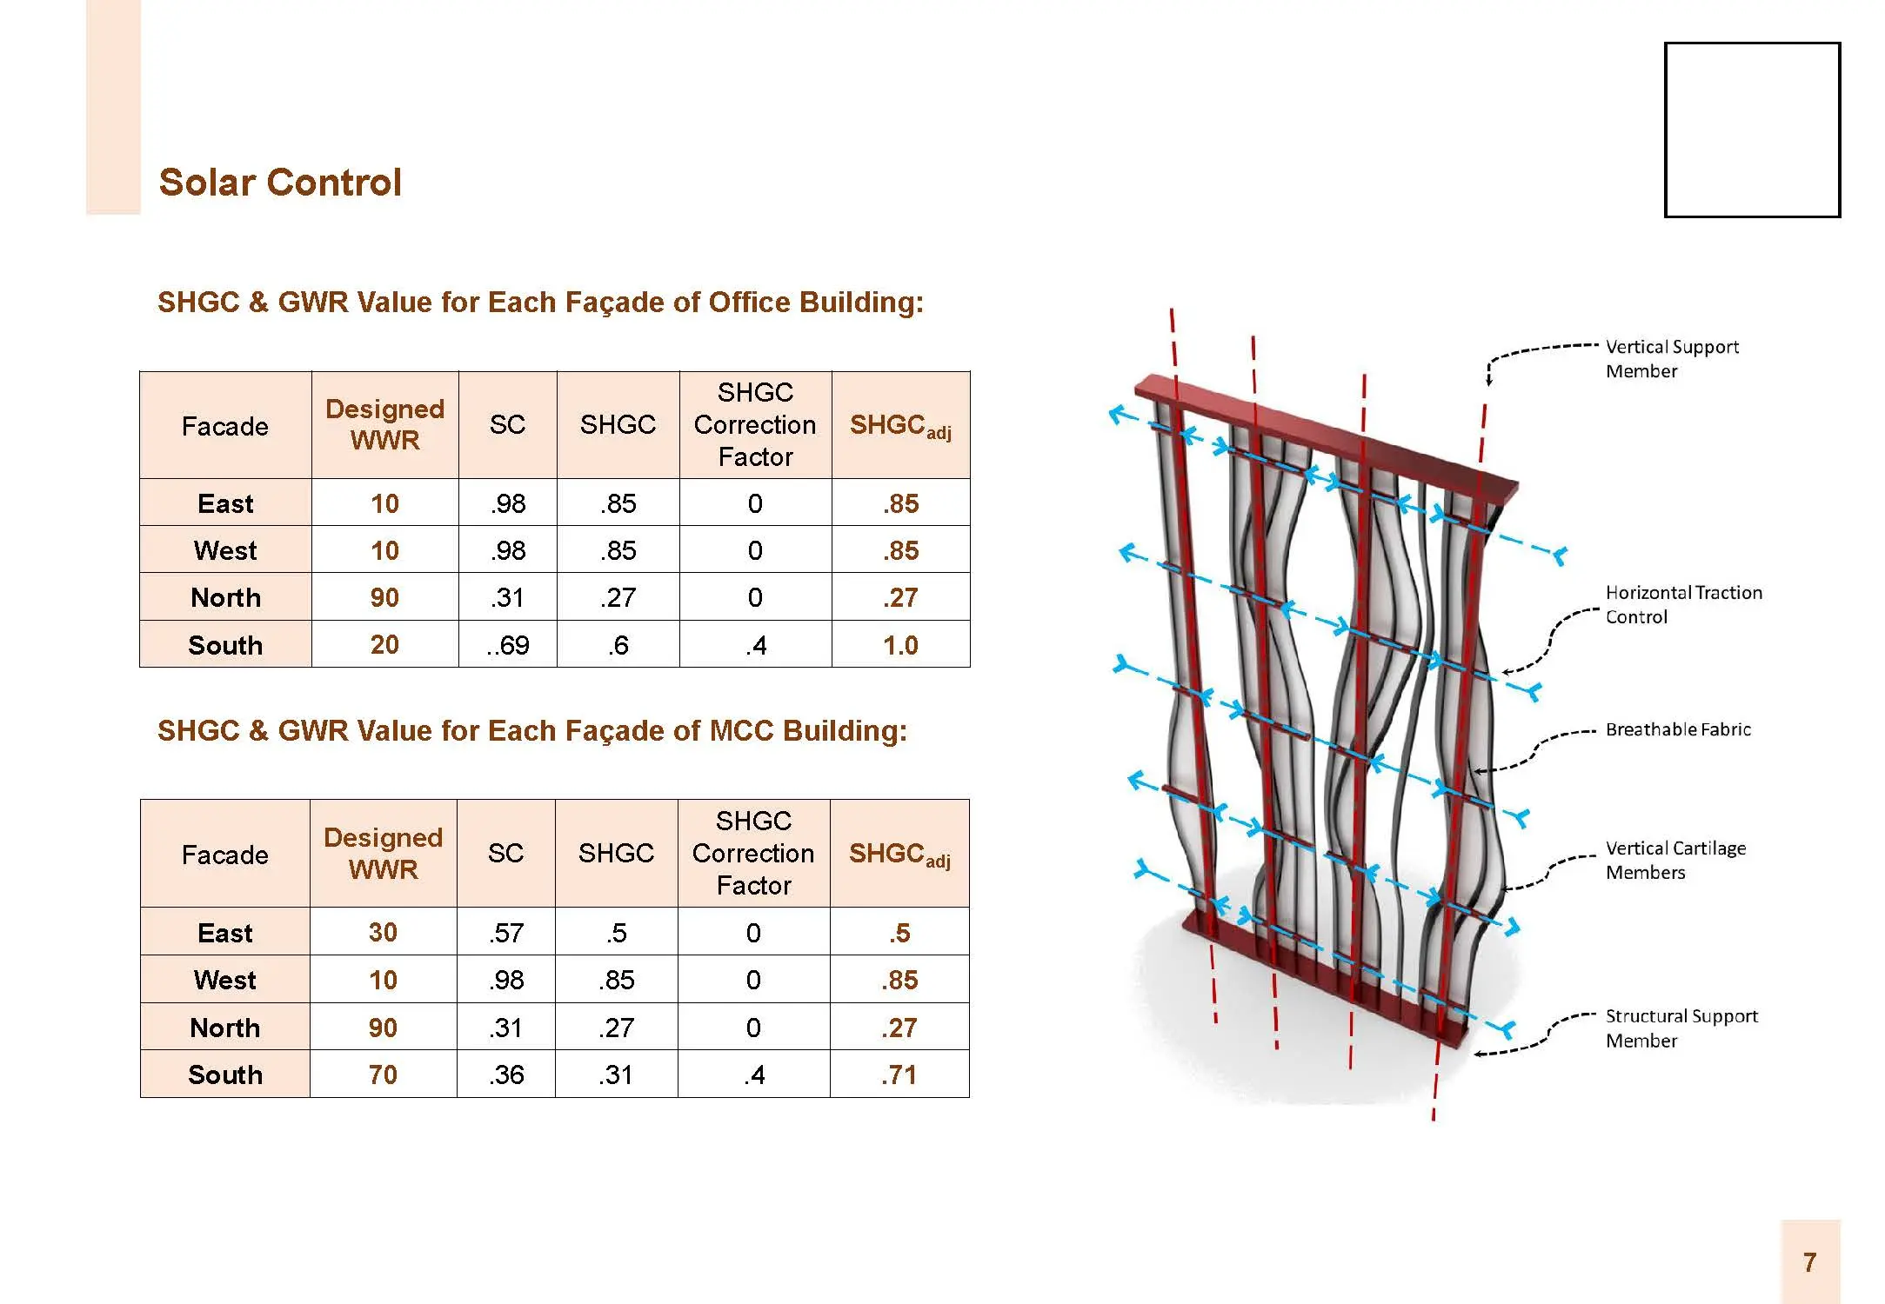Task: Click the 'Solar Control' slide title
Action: coord(280,183)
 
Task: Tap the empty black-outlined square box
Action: coord(1752,44)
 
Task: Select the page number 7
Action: coord(1809,1262)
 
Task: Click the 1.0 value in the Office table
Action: coord(900,645)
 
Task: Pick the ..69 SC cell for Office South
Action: coord(508,645)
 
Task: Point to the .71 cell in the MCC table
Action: coord(899,1075)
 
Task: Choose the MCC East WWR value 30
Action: coord(383,933)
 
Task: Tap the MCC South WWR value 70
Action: coord(383,1075)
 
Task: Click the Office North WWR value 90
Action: coord(384,597)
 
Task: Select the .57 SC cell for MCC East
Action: coord(506,933)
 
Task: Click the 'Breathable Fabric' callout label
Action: coord(1678,729)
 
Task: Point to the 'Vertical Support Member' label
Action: coord(1672,359)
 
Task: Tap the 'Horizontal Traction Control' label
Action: coord(1684,604)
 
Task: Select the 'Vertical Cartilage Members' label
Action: coord(1675,860)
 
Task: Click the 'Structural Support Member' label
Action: coord(1681,1028)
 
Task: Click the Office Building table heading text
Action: coord(540,303)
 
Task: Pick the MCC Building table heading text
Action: coord(532,731)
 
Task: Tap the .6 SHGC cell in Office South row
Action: coord(618,645)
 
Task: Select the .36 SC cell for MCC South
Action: coord(506,1075)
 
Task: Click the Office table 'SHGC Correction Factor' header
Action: coord(755,425)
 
